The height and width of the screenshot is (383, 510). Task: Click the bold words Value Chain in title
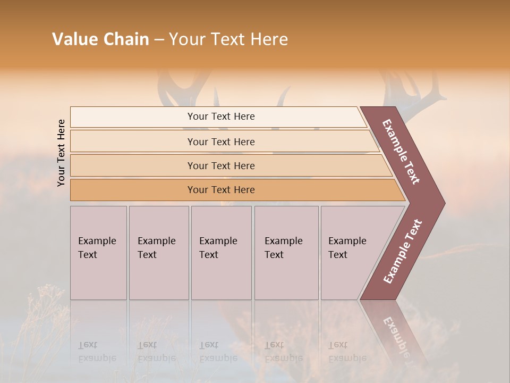100,39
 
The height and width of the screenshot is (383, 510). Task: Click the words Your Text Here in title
228,39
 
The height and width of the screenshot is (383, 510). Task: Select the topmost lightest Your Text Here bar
221,116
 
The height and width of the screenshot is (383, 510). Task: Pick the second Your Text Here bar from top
221,141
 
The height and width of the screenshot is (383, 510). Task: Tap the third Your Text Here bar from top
221,165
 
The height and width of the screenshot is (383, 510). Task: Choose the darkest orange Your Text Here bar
221,190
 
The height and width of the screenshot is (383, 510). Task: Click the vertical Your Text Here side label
61,153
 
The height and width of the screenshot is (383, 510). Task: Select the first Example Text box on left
98,252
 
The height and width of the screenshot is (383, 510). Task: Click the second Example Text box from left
158,252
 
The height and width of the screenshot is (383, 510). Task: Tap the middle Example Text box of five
221,252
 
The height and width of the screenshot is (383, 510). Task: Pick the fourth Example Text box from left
286,252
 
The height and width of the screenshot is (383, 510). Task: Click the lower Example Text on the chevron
403,252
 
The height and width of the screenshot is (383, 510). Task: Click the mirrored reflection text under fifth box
347,352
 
